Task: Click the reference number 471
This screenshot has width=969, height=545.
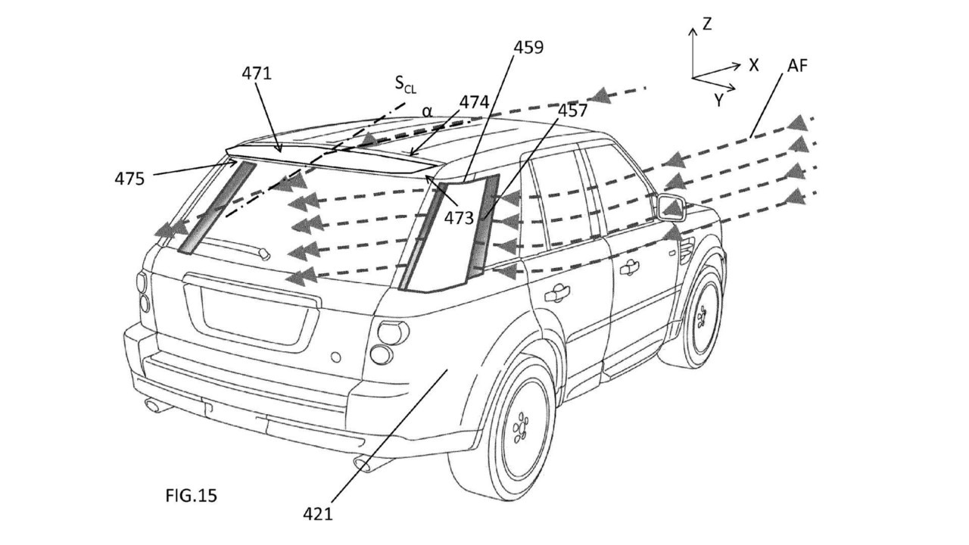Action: click(x=257, y=73)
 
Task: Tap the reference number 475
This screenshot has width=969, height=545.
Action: click(x=129, y=178)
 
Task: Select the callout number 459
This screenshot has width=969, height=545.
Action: click(x=528, y=47)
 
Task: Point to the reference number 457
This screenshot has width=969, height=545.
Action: click(x=573, y=111)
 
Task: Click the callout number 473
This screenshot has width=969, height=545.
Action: click(x=460, y=218)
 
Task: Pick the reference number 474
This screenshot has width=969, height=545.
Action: click(x=474, y=102)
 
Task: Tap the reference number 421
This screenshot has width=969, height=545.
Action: click(x=318, y=514)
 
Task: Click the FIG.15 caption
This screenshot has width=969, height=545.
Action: click(x=192, y=496)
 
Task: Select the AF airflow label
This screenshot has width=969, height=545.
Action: click(x=797, y=66)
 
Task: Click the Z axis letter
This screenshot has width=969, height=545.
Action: click(x=707, y=24)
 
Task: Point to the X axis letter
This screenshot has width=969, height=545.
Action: click(x=754, y=65)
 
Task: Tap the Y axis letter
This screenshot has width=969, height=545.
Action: click(x=718, y=101)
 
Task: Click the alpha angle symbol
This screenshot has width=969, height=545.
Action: click(x=427, y=112)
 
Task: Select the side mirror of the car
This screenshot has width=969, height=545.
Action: click(x=671, y=207)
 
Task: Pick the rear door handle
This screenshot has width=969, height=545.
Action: click(x=557, y=294)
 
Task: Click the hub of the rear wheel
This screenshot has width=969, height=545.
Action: click(x=520, y=428)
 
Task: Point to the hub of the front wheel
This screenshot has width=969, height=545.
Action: click(x=701, y=316)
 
